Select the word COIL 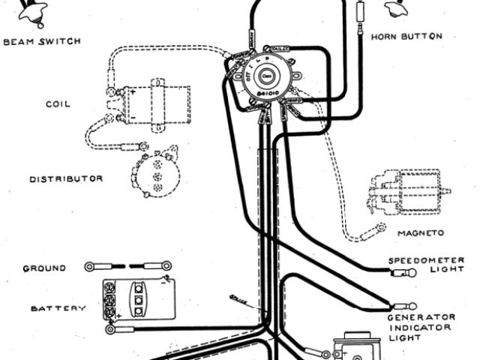coord(58,104)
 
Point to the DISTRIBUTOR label coord(66,178)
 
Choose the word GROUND coord(44,268)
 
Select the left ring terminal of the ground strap coord(90,266)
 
